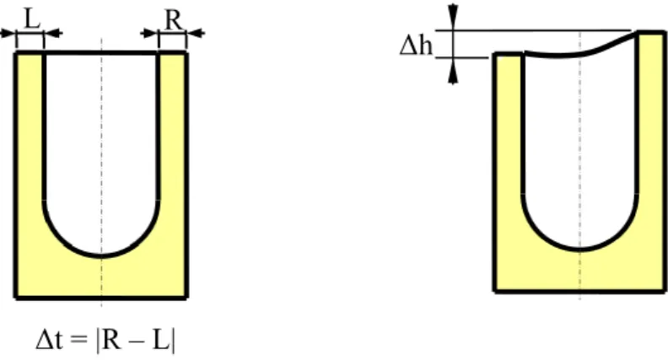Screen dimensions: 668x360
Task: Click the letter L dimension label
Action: [32, 19]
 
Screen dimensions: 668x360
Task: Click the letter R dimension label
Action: [173, 19]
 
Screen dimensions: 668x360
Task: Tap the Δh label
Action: [416, 46]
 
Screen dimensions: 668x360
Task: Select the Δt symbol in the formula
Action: [50, 341]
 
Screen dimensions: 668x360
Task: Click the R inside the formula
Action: [111, 341]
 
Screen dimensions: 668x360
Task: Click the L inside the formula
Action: [161, 341]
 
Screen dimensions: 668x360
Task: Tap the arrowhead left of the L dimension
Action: [8, 33]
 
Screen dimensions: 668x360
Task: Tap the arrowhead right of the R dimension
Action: [196, 33]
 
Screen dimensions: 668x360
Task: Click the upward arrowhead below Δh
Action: [453, 71]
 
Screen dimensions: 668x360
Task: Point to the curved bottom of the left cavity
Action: [101, 255]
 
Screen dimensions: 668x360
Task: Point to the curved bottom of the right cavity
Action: [580, 249]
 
